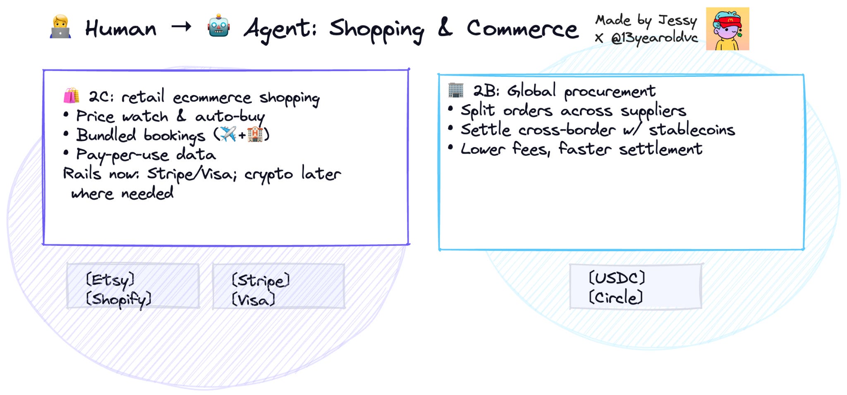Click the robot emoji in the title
(218, 27)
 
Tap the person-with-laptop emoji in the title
(60, 27)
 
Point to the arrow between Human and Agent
(182, 27)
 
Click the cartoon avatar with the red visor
(727, 29)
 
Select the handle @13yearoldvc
(654, 38)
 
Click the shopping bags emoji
(71, 96)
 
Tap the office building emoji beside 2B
(456, 90)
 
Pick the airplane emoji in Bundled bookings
(228, 134)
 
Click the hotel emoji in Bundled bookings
(255, 134)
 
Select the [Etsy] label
(110, 280)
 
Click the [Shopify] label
(119, 299)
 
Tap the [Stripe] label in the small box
(261, 281)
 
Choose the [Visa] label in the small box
(254, 300)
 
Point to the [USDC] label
(617, 278)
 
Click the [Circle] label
(616, 297)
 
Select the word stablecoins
(691, 130)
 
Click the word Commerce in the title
(522, 29)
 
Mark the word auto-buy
(230, 117)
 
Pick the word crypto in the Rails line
(268, 175)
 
